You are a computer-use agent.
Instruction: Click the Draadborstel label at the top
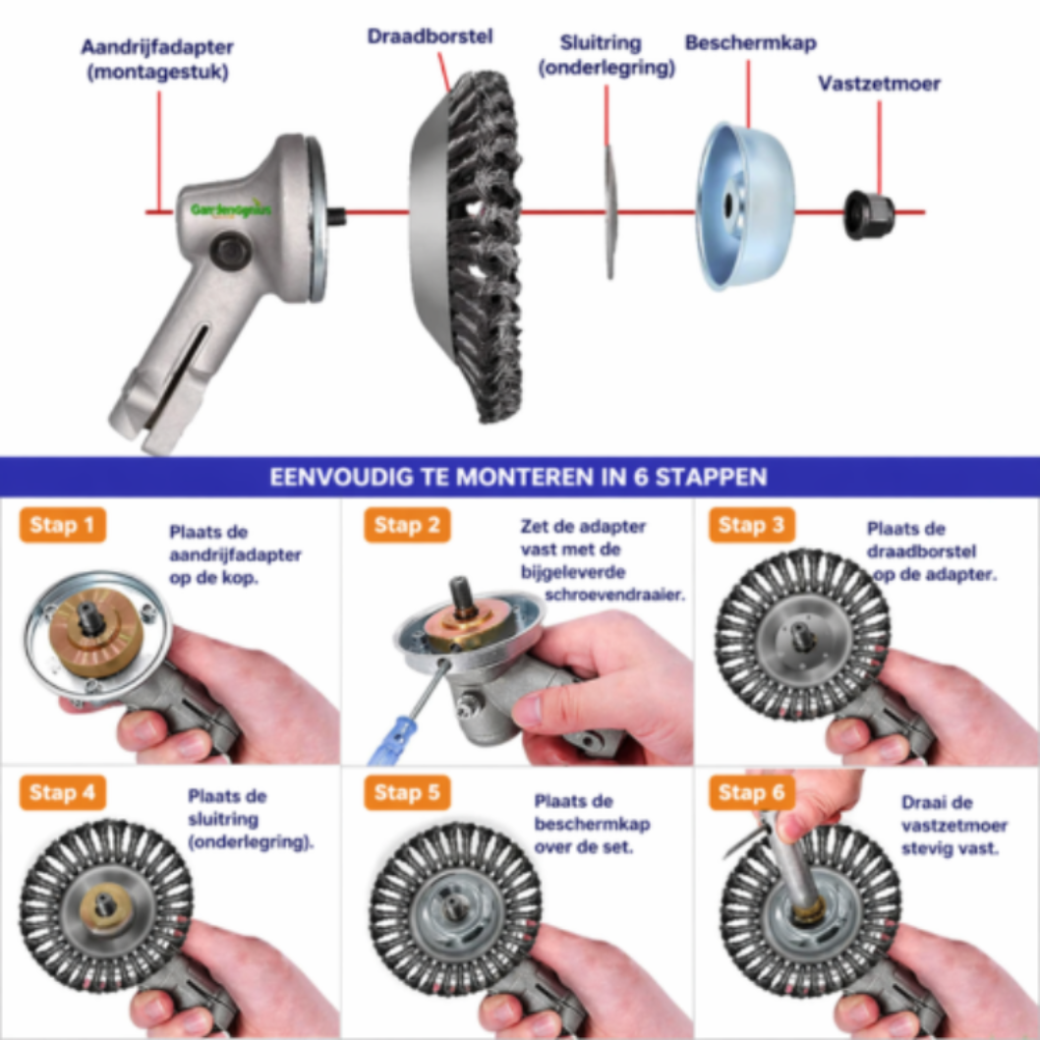pos(430,35)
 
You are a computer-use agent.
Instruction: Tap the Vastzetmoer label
pos(879,84)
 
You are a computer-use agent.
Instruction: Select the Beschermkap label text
pos(750,43)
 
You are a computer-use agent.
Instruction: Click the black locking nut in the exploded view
pos(868,214)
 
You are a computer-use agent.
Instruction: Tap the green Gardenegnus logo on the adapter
pos(231,210)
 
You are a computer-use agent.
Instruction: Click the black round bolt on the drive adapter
pos(231,251)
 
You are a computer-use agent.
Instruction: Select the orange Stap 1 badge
pos(62,525)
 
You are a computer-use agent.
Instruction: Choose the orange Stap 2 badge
pos(407,525)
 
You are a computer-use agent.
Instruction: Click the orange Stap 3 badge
pos(751,525)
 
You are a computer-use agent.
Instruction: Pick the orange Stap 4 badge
pos(62,792)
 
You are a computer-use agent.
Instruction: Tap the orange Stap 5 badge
pos(407,792)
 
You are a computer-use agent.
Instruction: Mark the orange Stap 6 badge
pos(751,792)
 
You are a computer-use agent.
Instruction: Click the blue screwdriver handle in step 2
pos(392,741)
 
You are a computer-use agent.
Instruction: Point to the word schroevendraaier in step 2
pos(614,595)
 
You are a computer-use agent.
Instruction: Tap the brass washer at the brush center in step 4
pos(104,906)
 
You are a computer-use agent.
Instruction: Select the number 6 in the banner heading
pos(641,477)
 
